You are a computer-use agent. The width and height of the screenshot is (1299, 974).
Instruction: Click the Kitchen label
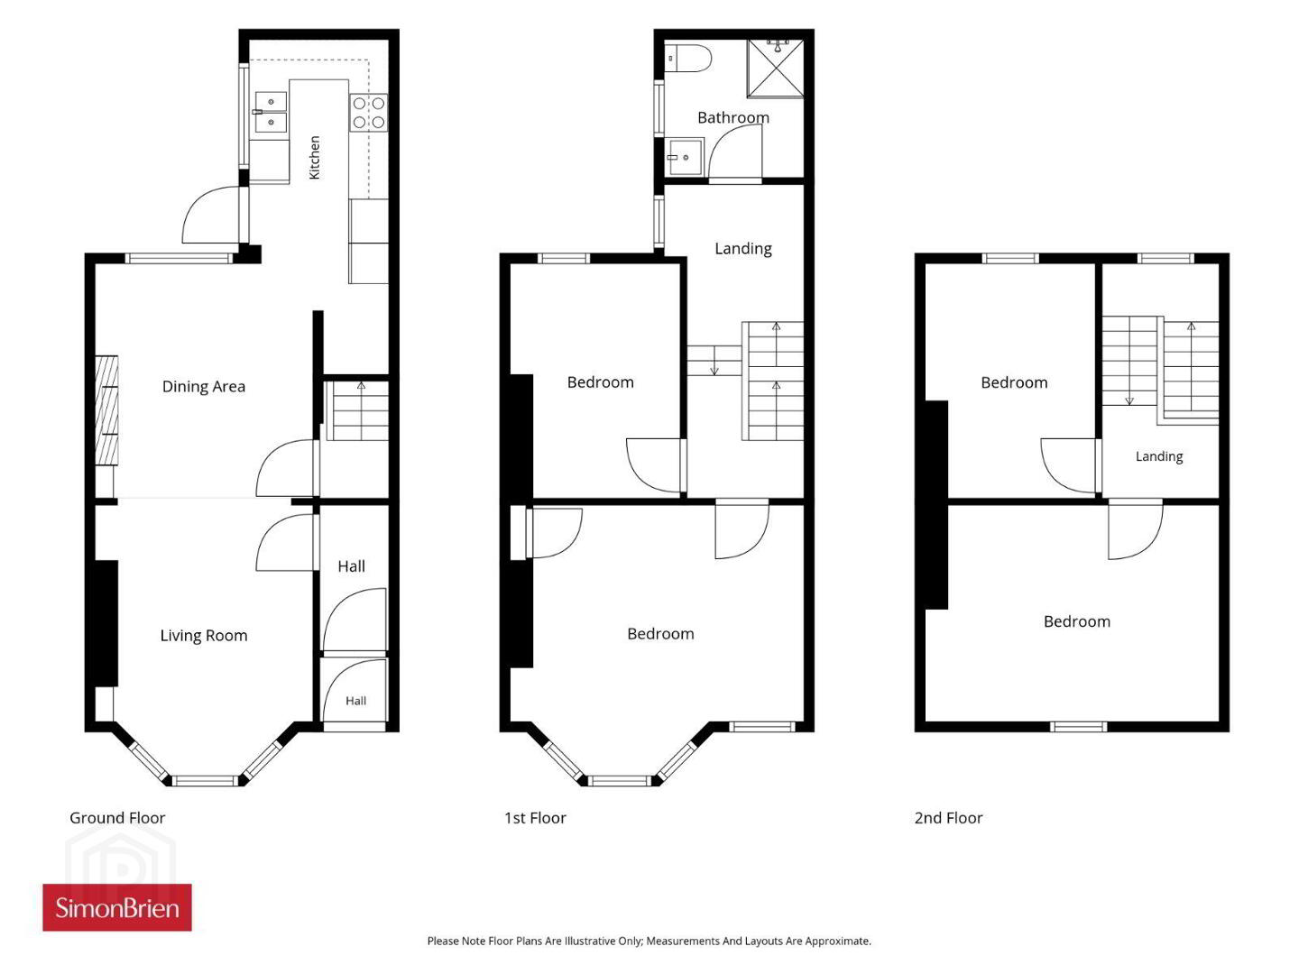[314, 158]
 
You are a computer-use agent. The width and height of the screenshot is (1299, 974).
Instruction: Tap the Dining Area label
[204, 387]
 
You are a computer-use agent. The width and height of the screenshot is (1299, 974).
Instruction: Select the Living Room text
[204, 636]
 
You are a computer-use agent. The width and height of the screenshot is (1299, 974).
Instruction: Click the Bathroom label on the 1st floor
[733, 117]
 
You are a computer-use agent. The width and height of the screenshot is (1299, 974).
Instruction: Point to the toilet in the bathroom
[687, 58]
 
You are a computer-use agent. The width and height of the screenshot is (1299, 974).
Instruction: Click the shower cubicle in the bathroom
[775, 68]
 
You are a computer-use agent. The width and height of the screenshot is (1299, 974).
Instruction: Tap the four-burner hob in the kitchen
[369, 113]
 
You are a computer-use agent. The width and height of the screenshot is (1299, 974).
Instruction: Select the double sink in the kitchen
[271, 112]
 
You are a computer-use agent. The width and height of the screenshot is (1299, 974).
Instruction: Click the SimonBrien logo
[117, 908]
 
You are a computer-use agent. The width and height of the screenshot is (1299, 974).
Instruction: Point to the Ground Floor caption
[117, 818]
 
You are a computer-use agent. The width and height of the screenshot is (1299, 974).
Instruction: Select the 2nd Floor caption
[948, 818]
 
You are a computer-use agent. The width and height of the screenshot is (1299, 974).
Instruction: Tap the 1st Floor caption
[535, 818]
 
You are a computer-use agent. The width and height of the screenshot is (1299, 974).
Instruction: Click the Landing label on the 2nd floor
[1159, 456]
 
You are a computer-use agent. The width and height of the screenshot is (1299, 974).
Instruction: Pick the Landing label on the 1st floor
[743, 249]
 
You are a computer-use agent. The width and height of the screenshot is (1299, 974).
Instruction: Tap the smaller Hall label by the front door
[355, 701]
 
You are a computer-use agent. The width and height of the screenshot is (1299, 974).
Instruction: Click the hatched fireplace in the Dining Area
[106, 410]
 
